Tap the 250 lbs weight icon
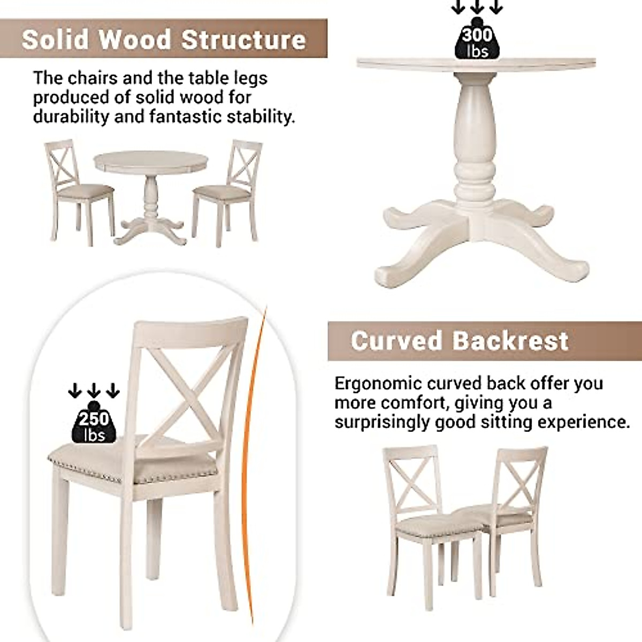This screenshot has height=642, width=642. coord(94,423)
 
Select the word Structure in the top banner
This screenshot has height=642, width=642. coord(243,40)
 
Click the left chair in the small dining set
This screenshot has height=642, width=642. coord(79,187)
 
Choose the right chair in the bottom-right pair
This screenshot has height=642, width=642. coord(508,503)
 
